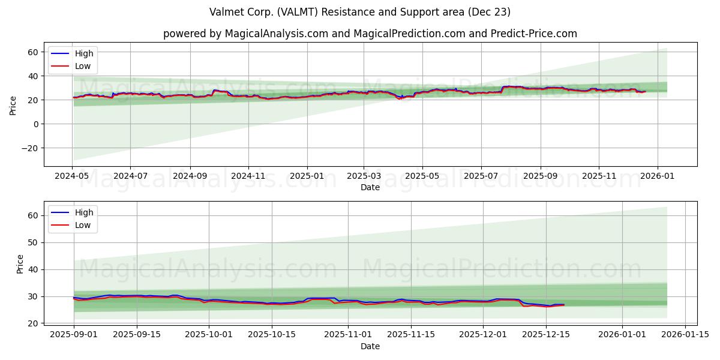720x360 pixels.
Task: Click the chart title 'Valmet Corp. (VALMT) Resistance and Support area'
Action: (360, 12)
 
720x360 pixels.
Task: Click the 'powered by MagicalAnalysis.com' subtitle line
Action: (370, 34)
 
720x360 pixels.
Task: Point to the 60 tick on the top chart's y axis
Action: (33, 52)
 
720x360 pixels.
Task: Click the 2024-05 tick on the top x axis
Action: (73, 176)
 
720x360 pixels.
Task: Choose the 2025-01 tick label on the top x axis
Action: (307, 176)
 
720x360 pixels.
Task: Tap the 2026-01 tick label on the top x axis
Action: (658, 176)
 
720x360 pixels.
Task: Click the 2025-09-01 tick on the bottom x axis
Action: (74, 335)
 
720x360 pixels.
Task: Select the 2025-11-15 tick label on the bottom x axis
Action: (411, 335)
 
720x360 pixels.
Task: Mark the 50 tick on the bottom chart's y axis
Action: (33, 242)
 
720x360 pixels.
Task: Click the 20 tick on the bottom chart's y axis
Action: (33, 323)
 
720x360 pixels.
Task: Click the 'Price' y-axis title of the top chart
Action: (13, 106)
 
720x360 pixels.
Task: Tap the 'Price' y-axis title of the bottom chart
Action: (20, 264)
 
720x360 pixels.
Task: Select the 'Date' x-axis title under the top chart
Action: (370, 188)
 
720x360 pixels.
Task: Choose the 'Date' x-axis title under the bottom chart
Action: (370, 346)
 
